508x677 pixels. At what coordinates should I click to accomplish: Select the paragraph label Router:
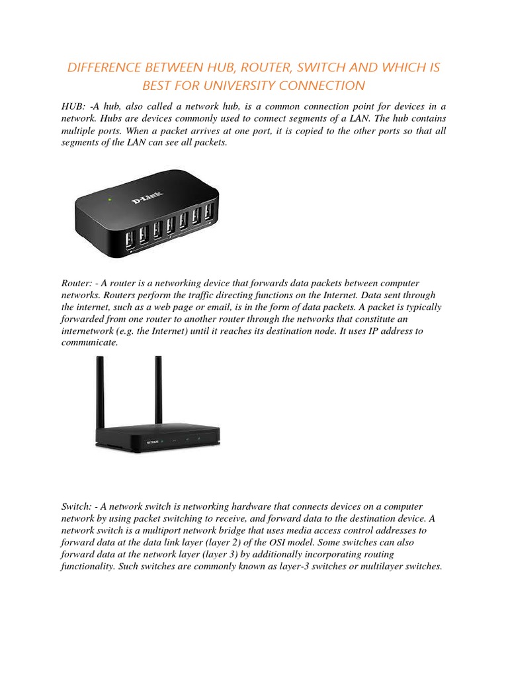coord(76,283)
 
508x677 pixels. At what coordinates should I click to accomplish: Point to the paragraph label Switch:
coord(77,506)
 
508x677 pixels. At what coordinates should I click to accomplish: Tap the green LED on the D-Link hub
coord(110,199)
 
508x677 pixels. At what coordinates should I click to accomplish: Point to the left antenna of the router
coord(100,390)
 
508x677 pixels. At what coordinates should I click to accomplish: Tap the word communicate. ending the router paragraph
coord(89,343)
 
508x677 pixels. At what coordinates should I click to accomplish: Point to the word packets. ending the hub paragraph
coord(212,143)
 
